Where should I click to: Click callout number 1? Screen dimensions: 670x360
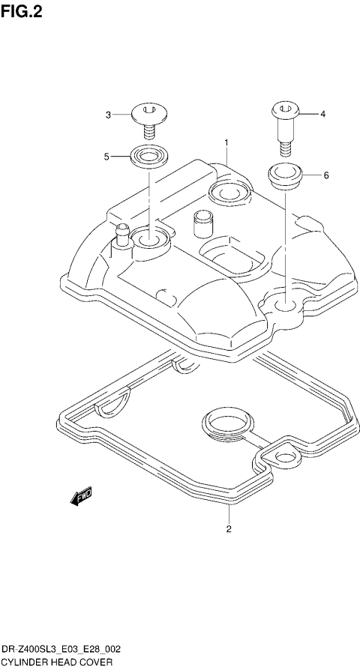click(x=225, y=141)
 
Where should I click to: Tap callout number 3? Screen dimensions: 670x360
click(x=108, y=115)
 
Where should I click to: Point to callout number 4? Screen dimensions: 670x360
click(x=323, y=115)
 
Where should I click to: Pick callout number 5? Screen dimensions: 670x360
click(x=106, y=156)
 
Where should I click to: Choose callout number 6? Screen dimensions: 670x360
click(x=326, y=175)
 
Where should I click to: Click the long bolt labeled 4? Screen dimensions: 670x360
click(x=284, y=123)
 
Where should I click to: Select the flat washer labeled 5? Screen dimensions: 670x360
click(x=148, y=157)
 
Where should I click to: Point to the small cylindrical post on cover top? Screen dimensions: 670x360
click(x=202, y=223)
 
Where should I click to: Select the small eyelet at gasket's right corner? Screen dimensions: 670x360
click(x=285, y=458)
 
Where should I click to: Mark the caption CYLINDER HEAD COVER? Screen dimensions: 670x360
click(x=57, y=662)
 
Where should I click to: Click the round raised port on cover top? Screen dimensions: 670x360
click(x=229, y=193)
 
